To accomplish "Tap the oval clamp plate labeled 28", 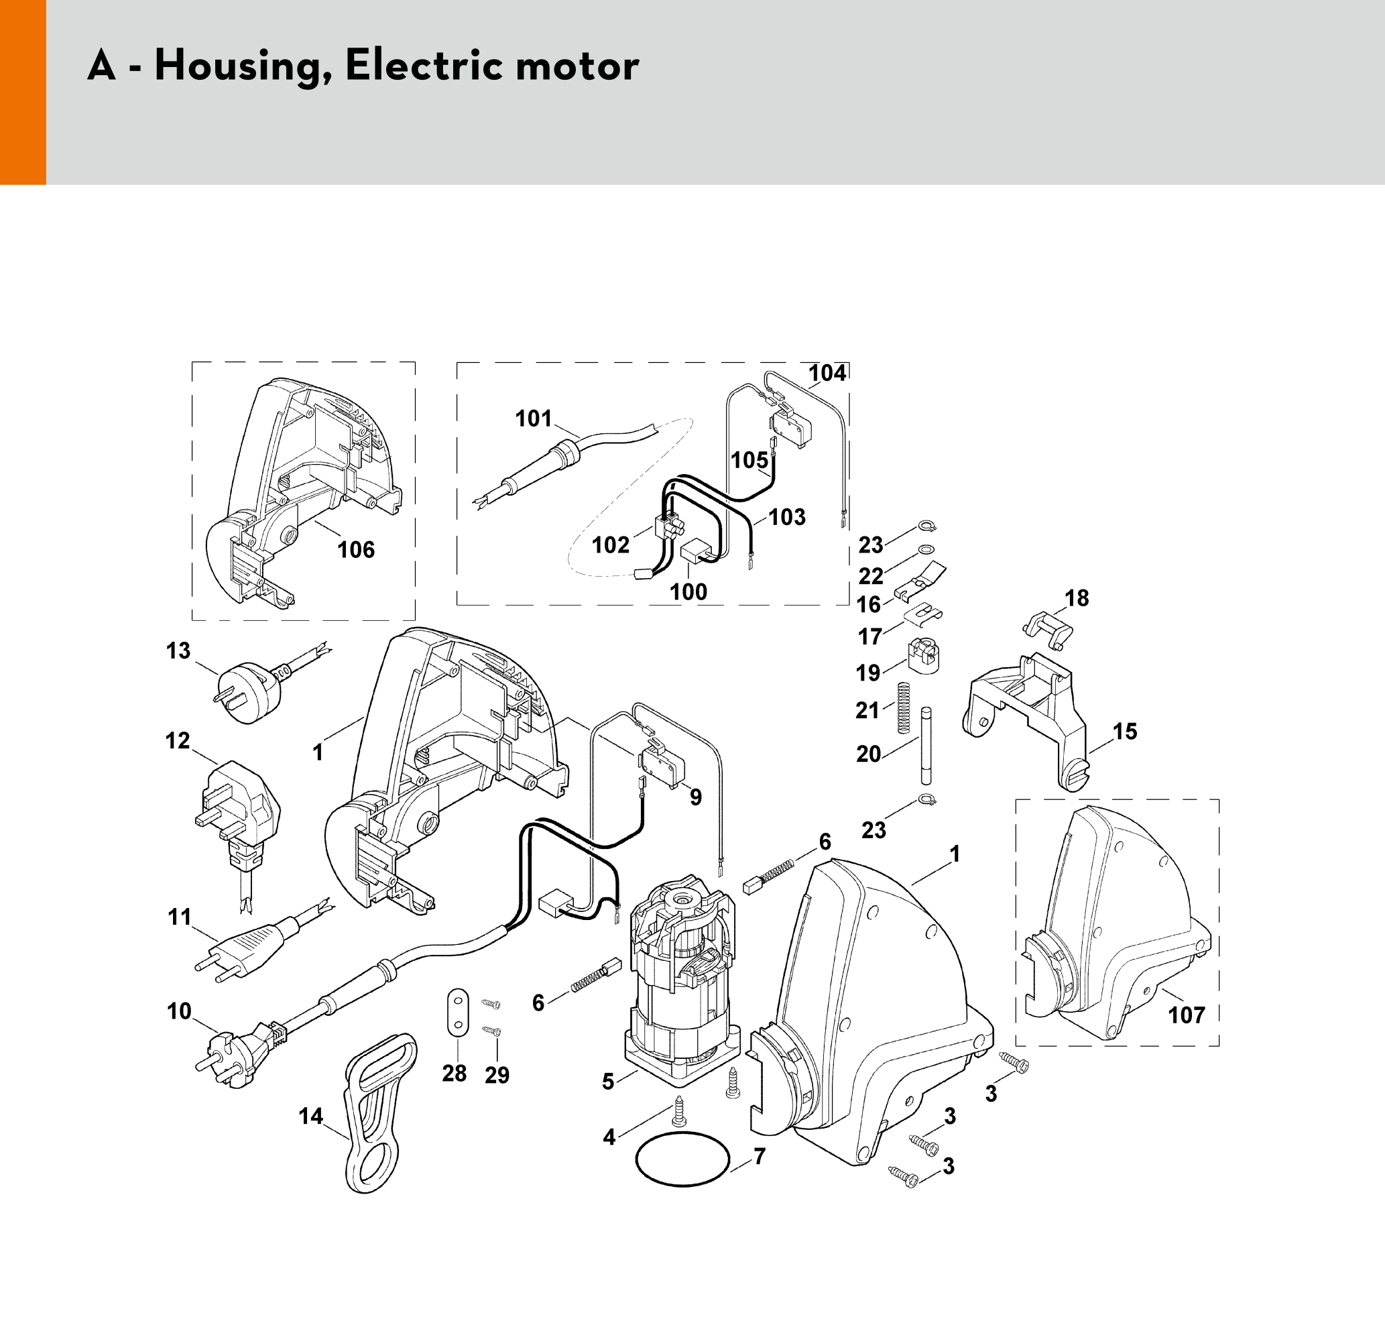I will (x=458, y=1012).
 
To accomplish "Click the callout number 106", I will (x=356, y=550).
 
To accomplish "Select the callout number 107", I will (x=1186, y=1015).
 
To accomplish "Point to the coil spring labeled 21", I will (x=904, y=707).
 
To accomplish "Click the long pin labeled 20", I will (x=926, y=746).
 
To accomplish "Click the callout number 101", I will (x=534, y=418).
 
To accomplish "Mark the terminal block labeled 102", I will (x=669, y=525).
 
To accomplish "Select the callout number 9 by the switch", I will (x=695, y=797).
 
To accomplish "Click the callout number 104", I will (x=827, y=373).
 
